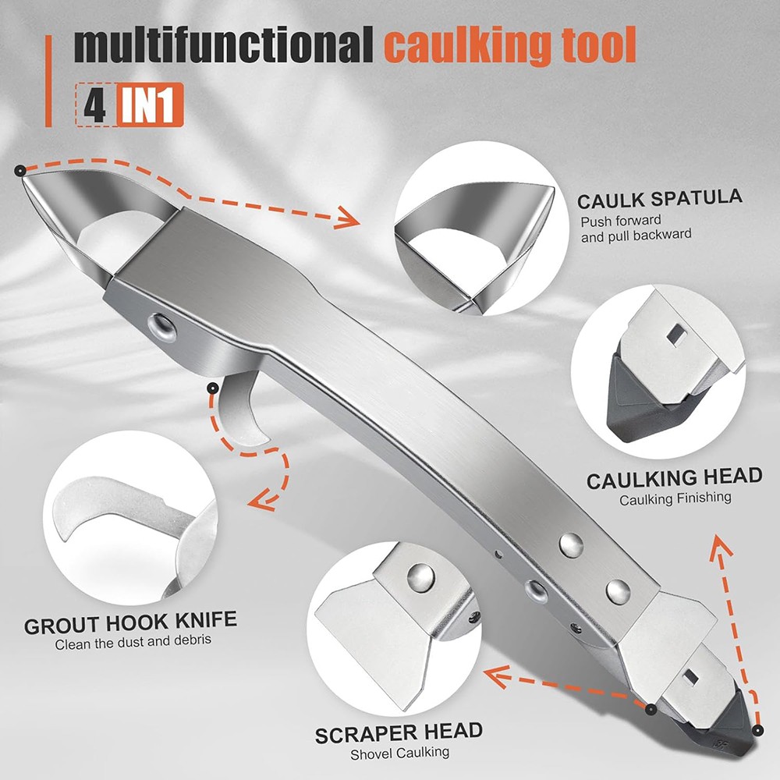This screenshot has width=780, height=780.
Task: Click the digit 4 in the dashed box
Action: coord(94,105)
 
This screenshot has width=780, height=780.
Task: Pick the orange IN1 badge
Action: coord(150,105)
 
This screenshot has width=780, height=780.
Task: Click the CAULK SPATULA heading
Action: coord(660,199)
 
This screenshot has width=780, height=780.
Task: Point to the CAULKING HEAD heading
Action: coord(674,478)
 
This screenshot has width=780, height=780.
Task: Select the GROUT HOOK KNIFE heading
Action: coord(130,622)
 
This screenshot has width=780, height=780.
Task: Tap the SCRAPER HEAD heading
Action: coord(399,732)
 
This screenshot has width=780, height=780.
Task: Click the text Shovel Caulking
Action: coord(399,753)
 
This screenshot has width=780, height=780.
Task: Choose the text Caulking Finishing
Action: coord(675,499)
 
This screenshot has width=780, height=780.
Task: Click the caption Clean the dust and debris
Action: coord(133,642)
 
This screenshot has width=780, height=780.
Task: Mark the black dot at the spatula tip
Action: coord(20,171)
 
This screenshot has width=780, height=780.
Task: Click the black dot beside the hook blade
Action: coord(213,388)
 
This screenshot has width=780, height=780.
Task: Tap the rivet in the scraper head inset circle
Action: coord(420,577)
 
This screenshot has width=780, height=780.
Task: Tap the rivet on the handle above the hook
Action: coord(163,327)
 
